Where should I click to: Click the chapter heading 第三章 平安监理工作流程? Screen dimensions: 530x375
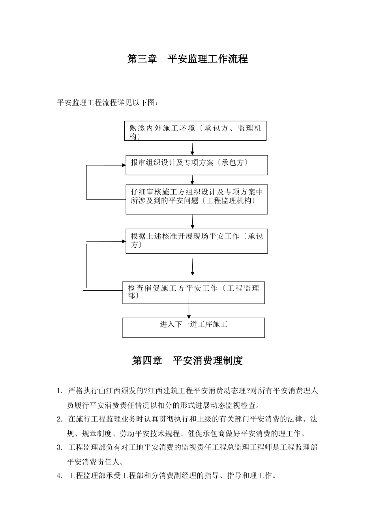[x=187, y=59]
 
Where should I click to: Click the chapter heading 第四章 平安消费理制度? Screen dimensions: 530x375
[x=187, y=360]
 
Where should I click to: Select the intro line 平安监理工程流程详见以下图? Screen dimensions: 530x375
[x=108, y=103]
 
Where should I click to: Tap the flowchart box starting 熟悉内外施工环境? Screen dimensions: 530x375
[x=195, y=131]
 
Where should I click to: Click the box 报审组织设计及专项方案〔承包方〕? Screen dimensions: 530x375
[x=197, y=165]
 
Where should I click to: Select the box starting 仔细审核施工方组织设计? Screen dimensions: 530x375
[x=197, y=199]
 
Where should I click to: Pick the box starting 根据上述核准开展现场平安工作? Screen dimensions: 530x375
[x=197, y=241]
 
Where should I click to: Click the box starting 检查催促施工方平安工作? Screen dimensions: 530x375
[x=193, y=293]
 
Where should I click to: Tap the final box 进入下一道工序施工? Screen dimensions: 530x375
[x=193, y=327]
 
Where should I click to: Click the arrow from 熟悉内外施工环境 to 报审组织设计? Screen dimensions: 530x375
[x=192, y=149]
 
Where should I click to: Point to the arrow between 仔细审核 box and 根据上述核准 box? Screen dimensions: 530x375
[x=192, y=222]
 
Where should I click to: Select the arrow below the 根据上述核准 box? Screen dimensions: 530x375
[x=192, y=267]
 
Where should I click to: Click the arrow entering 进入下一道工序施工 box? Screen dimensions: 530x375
[x=189, y=310]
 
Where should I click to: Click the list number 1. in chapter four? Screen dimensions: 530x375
[x=60, y=391]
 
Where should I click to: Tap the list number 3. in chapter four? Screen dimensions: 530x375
[x=60, y=447]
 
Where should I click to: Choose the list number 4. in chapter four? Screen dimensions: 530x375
[x=60, y=476]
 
